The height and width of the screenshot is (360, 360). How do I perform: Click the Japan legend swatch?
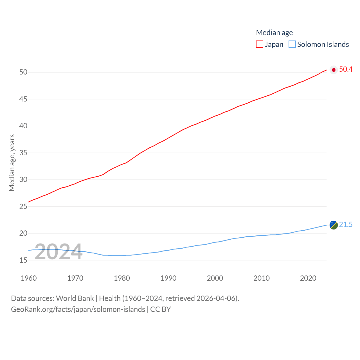pos(259,44)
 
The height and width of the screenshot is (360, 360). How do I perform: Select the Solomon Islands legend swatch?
pos(292,44)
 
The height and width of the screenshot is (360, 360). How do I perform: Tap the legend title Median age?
pos(274,33)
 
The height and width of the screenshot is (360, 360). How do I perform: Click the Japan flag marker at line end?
pos(334,70)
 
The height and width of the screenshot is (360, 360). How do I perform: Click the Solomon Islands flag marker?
pos(334,225)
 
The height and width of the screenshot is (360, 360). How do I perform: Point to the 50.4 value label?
pos(346,69)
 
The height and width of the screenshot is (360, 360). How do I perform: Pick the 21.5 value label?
pos(346,224)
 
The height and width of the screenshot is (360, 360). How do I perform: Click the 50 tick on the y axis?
pos(23,72)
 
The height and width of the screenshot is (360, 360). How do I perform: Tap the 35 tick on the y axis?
pos(23,153)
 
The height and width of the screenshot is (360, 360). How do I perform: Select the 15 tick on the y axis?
pos(23,260)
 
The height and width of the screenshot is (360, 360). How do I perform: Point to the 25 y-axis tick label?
pos(23,207)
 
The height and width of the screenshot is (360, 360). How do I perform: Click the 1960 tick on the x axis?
pos(29,278)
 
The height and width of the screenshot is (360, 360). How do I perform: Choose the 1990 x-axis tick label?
pos(168,278)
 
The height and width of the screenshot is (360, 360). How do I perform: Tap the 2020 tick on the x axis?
pos(308,278)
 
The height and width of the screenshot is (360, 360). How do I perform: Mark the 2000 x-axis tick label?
pos(215,278)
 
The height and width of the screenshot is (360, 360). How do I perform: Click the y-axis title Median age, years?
pos(12,163)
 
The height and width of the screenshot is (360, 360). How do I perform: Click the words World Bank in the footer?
pos(75,298)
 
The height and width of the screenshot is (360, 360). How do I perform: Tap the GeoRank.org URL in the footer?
pos(78,309)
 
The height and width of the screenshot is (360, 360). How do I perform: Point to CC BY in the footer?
pos(161,309)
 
